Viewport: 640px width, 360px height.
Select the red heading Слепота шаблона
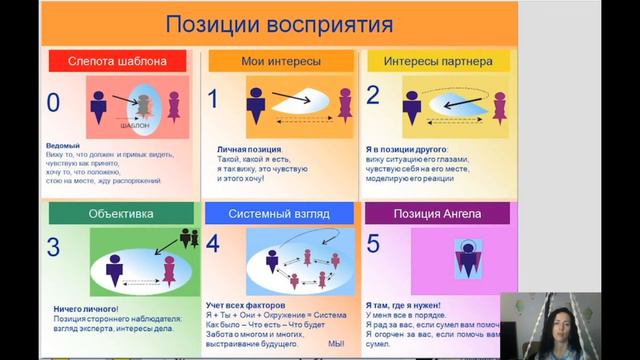coord(117,61)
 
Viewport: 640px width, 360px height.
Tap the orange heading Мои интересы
coord(281,61)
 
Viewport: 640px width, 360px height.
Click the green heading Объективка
coord(121,213)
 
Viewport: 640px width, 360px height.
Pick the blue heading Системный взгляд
coord(279,213)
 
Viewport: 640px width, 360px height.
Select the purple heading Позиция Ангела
coord(437,213)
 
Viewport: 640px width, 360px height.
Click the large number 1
coord(212,99)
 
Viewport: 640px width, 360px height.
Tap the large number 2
coord(373,96)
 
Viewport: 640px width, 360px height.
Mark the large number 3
coord(54,247)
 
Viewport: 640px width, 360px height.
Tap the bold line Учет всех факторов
coord(246,303)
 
